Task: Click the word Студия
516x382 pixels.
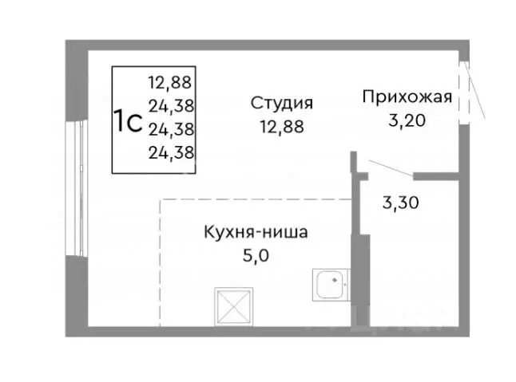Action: coord(280,104)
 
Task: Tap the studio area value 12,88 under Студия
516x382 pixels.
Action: coord(280,126)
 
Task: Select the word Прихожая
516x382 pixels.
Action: coord(407,98)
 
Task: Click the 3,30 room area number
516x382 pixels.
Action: coord(401,202)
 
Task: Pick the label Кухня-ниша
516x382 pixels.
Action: coord(256,234)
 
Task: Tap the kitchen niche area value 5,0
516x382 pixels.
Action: coord(256,257)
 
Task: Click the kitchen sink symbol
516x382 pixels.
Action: coord(330,284)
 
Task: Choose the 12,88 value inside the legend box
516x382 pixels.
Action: coord(172,81)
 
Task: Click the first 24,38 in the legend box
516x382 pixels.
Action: coord(172,104)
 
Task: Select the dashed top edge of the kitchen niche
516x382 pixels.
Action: coord(256,199)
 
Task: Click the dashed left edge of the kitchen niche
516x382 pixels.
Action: coord(161,263)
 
